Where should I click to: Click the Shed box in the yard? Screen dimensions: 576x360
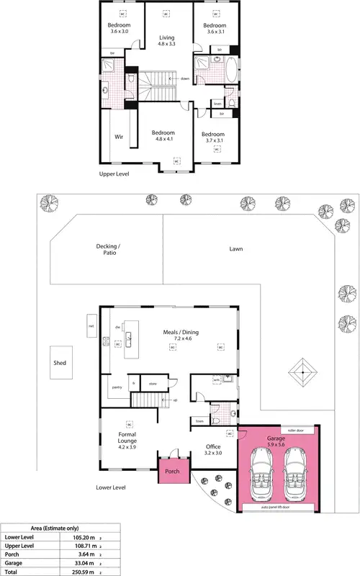pyautogui.click(x=60, y=363)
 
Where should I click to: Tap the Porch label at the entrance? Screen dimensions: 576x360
pyautogui.click(x=172, y=472)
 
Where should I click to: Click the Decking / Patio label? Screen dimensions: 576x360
pyautogui.click(x=110, y=249)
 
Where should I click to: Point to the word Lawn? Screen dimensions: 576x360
pyautogui.click(x=236, y=249)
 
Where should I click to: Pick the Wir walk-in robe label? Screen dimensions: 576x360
pyautogui.click(x=120, y=136)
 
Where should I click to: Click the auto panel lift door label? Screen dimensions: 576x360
pyautogui.click(x=276, y=507)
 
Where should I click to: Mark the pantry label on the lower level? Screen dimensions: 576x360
pyautogui.click(x=116, y=387)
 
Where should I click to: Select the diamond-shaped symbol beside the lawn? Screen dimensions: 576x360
pyautogui.click(x=304, y=372)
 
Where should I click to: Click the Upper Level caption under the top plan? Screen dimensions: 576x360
pyautogui.click(x=114, y=174)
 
